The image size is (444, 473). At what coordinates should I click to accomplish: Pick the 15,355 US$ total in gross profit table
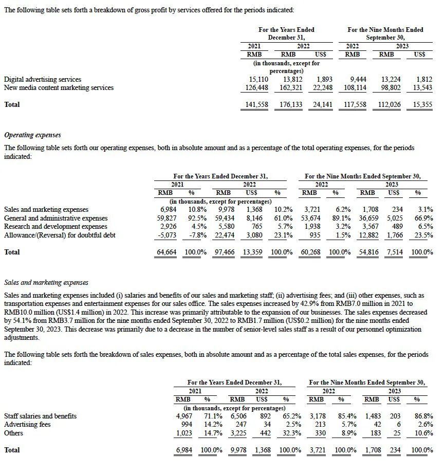pyautogui.click(x=422, y=105)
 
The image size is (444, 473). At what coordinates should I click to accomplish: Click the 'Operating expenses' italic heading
pyautogui.click(x=32, y=135)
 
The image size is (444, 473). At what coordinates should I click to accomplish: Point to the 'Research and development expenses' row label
pyautogui.click(x=55, y=227)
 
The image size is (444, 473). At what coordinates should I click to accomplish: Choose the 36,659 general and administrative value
pyautogui.click(x=368, y=218)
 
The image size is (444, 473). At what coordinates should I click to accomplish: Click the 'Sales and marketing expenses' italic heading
pyautogui.click(x=46, y=283)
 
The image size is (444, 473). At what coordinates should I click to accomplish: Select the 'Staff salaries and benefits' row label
pyautogui.click(x=40, y=416)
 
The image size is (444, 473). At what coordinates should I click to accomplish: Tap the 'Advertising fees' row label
pyautogui.click(x=28, y=425)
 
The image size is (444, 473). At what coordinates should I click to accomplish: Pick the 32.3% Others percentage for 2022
pyautogui.click(x=292, y=433)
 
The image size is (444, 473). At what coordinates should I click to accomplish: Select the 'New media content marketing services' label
pyautogui.click(x=59, y=88)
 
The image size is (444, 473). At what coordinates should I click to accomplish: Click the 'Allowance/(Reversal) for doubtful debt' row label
pyautogui.click(x=60, y=235)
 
